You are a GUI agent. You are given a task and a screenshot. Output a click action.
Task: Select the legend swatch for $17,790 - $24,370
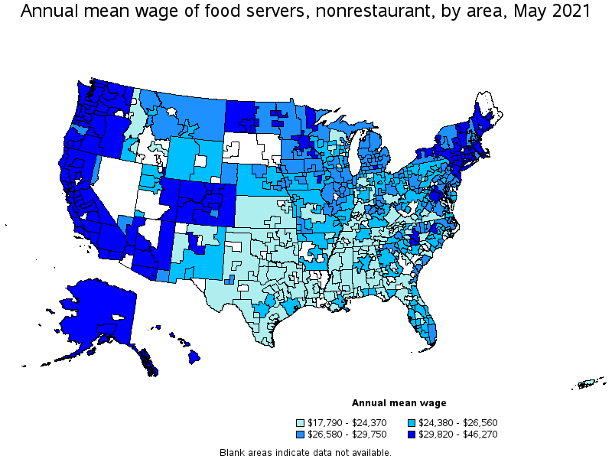coord(300,422)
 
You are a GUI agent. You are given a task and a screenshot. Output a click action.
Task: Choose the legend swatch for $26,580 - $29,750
coord(300,434)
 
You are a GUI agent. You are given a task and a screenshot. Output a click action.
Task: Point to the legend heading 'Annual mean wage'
coord(399,403)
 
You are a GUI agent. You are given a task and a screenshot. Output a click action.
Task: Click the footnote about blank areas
coord(305,452)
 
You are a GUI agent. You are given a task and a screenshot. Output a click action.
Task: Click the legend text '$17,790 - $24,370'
coord(348,422)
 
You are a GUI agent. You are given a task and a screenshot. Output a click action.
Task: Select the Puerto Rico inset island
coord(590,383)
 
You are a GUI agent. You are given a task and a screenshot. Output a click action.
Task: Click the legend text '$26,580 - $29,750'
coord(348,434)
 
